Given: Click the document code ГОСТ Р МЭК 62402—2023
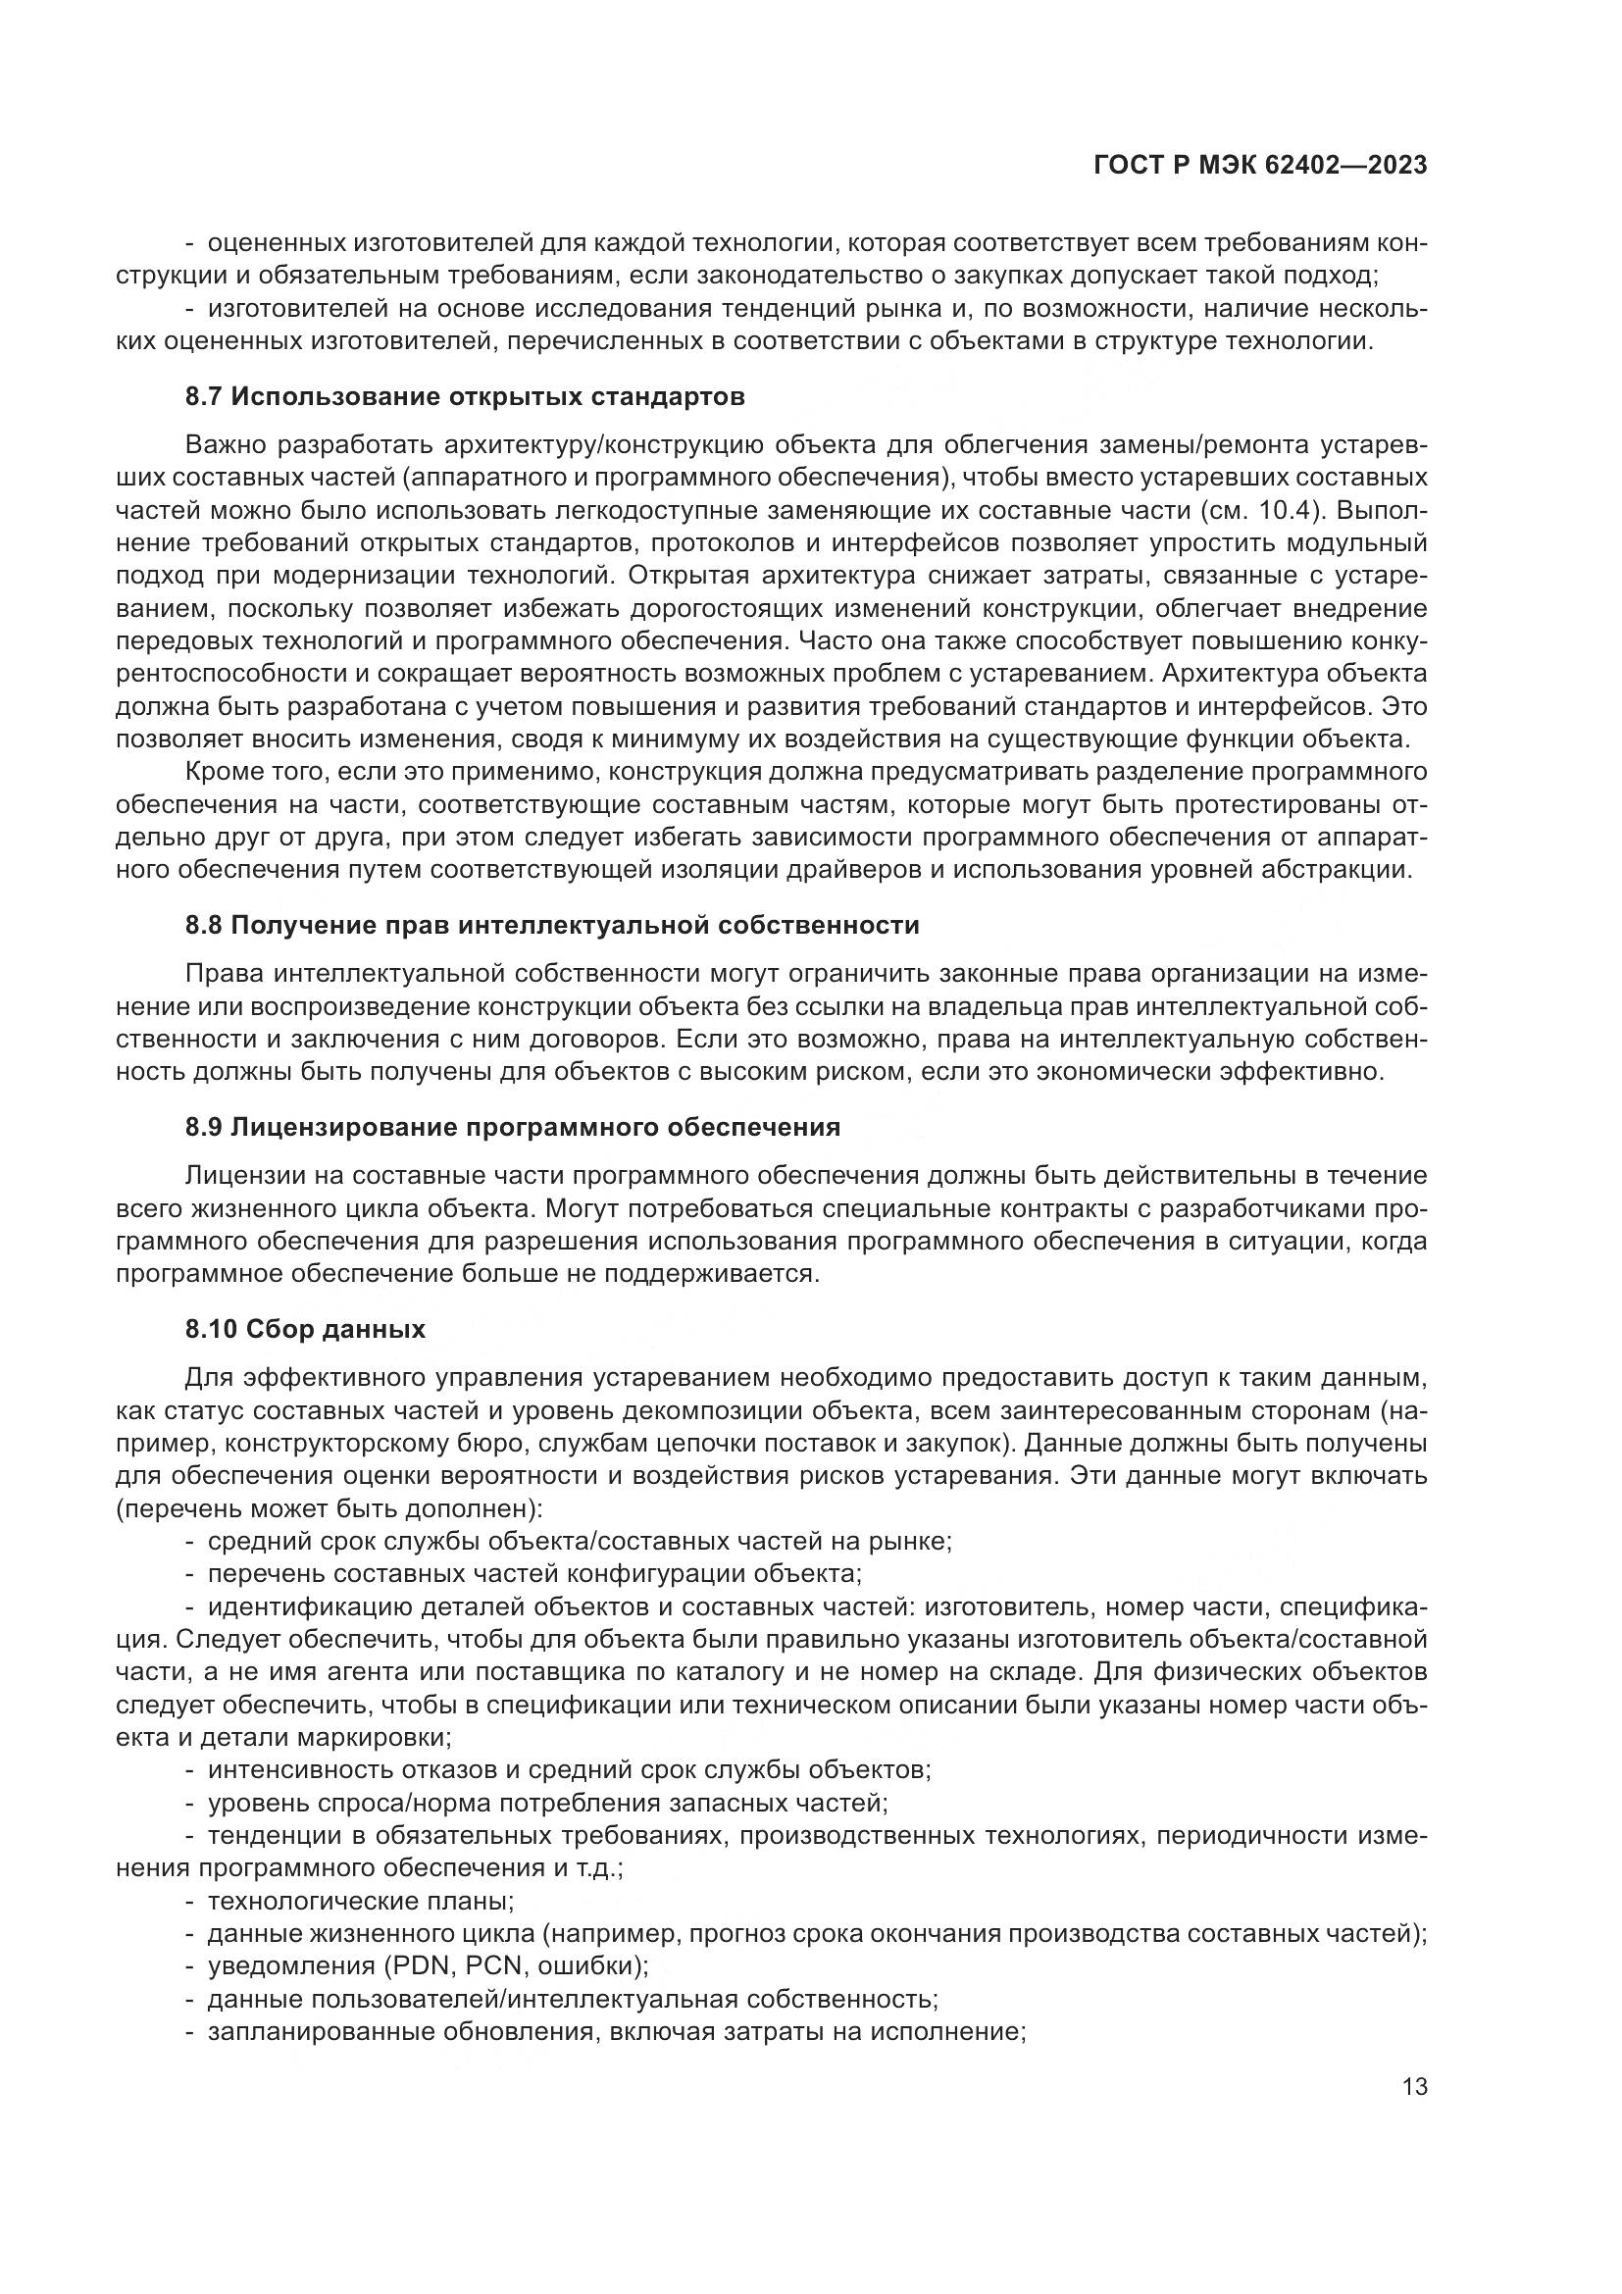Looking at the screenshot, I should [x=1260, y=165].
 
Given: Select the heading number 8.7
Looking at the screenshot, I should [x=204, y=396].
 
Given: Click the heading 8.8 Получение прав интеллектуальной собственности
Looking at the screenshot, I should [x=551, y=925].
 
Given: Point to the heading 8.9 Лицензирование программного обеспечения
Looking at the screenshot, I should [x=512, y=1127].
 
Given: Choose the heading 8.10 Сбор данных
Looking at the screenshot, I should [x=305, y=1329].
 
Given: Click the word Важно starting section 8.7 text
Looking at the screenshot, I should [x=224, y=444].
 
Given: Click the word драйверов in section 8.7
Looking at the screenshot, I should [x=849, y=869].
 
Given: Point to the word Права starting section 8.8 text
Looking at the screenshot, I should [x=223, y=973].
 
